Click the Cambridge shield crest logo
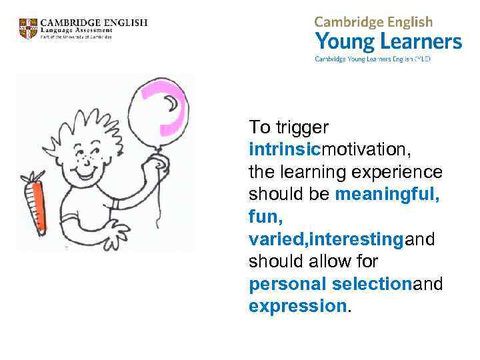[x=29, y=29]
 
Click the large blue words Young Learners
[x=388, y=42]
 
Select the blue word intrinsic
[x=280, y=149]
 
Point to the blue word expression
[x=297, y=307]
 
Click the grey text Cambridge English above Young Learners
[x=373, y=22]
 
